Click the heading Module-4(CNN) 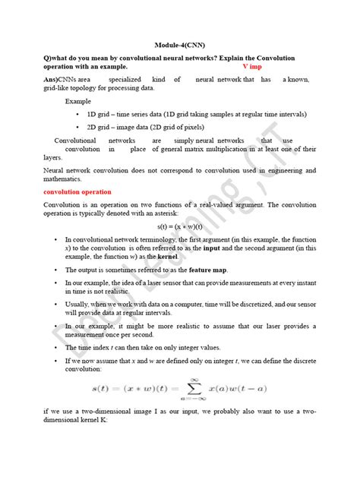click(x=179, y=44)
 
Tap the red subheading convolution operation click(x=78, y=192)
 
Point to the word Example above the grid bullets click(x=78, y=100)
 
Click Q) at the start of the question click(x=48, y=58)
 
